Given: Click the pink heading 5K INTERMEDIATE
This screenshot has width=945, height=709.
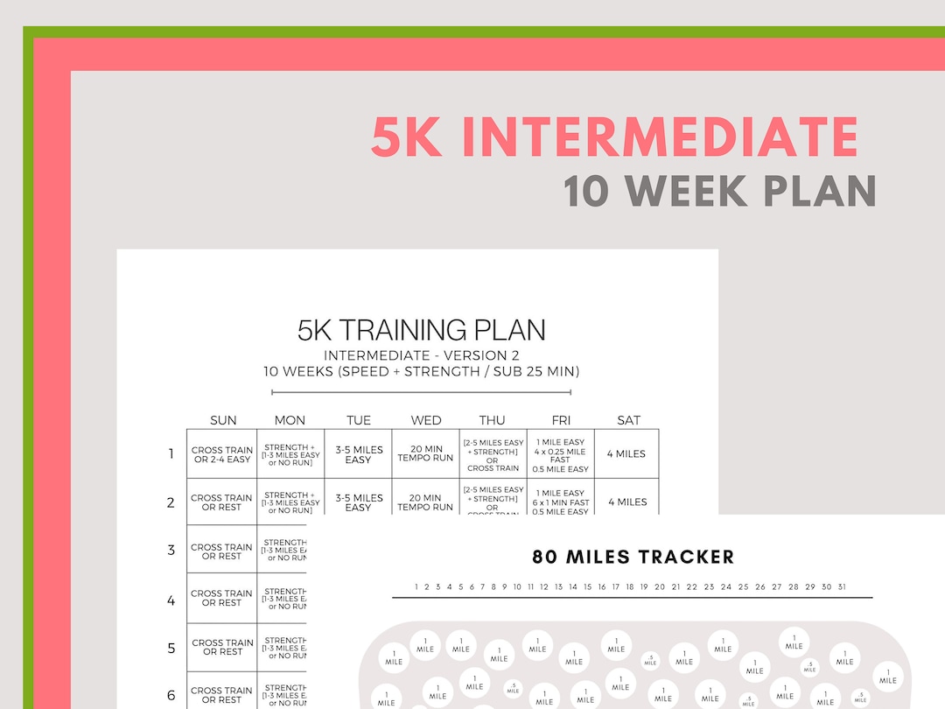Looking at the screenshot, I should click(x=614, y=137).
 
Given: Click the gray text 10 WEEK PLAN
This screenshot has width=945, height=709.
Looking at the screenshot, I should click(x=719, y=191).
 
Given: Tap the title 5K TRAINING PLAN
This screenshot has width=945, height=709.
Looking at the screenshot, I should click(x=421, y=330).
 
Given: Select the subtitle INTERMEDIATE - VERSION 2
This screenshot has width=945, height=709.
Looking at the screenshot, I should click(x=415, y=355).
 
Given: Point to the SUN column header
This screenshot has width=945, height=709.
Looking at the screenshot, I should click(x=223, y=420).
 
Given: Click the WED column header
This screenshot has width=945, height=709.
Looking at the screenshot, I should click(x=426, y=420).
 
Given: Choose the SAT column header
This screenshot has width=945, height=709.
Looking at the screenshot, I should click(x=628, y=420).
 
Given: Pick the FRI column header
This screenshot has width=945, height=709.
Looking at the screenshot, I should click(x=561, y=420).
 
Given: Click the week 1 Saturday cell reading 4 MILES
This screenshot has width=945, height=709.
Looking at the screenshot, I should click(x=626, y=453).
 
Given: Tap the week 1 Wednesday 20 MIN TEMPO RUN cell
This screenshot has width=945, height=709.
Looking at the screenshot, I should click(x=425, y=453).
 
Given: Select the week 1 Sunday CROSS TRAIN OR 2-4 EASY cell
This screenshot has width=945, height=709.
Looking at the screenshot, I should click(x=222, y=454).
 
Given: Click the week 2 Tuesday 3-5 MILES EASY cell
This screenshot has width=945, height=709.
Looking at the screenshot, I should click(x=358, y=502).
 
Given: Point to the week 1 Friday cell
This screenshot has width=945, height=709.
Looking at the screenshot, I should click(x=560, y=455).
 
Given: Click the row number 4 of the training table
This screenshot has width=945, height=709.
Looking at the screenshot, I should click(x=171, y=600).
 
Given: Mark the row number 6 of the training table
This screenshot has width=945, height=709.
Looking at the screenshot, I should click(x=171, y=695).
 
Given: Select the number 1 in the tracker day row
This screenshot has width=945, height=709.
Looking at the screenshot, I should click(x=416, y=587).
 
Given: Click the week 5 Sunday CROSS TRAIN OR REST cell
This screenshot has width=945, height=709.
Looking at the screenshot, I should click(x=222, y=647).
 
